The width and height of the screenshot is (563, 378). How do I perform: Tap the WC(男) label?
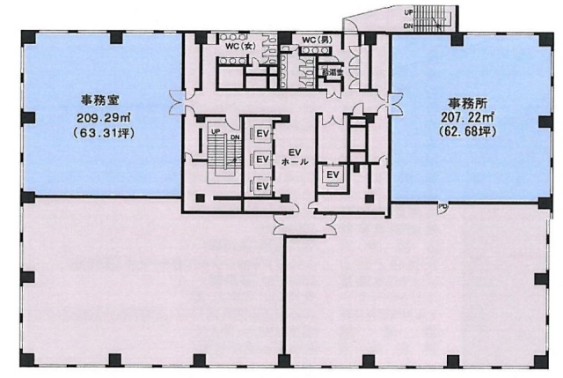tap(315, 41)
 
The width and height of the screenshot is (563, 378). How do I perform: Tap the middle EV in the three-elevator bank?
tap(261, 159)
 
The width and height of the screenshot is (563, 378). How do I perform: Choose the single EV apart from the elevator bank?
tap(333, 174)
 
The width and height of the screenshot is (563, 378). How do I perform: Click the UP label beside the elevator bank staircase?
tap(215, 132)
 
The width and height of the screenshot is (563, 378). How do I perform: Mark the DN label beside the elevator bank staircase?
tap(234, 137)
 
